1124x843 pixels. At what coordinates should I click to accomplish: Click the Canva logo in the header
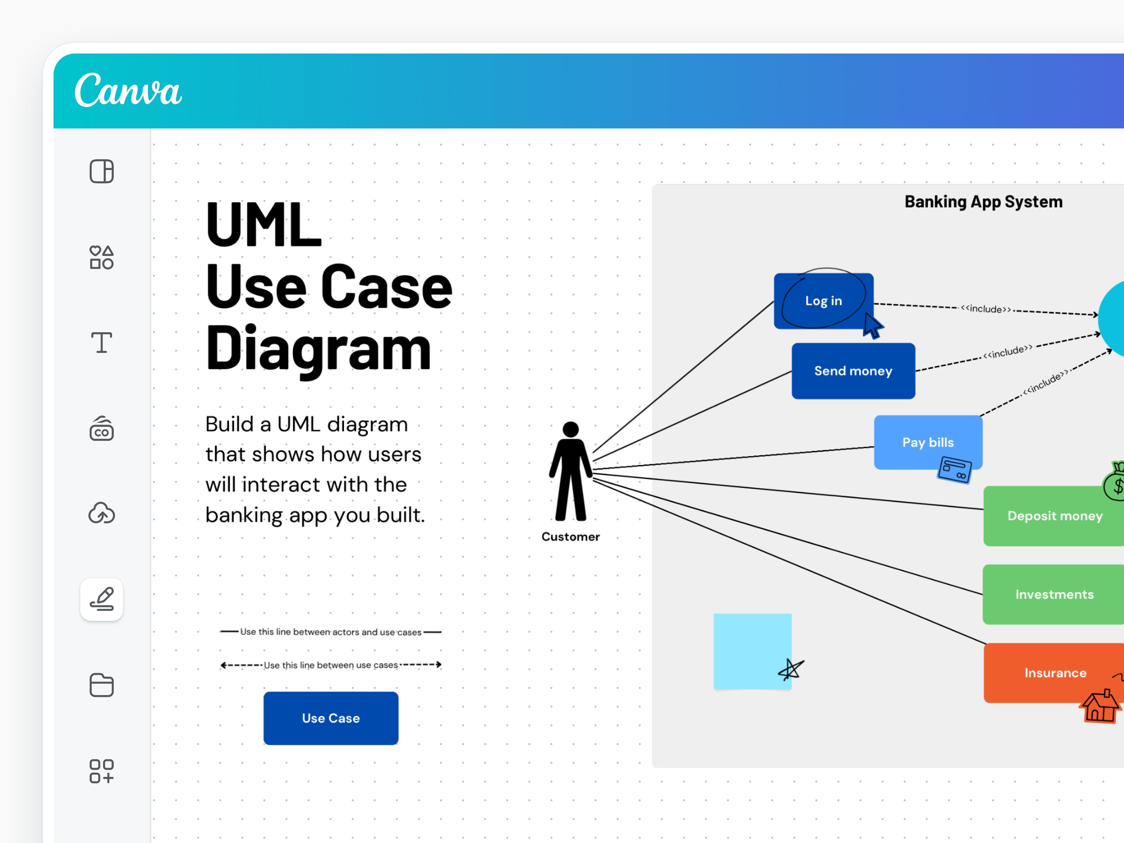pyautogui.click(x=128, y=90)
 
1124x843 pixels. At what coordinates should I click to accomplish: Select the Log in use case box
pyautogui.click(x=823, y=301)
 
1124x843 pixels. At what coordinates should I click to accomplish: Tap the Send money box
pyautogui.click(x=853, y=371)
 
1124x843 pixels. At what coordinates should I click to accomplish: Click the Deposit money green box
pyautogui.click(x=1054, y=516)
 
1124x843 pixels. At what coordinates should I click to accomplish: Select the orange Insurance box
pyautogui.click(x=1054, y=672)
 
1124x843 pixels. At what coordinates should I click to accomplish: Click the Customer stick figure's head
pyautogui.click(x=571, y=429)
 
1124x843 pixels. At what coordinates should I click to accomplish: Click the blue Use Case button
pyautogui.click(x=331, y=718)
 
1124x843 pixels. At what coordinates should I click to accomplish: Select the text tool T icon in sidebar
pyautogui.click(x=102, y=343)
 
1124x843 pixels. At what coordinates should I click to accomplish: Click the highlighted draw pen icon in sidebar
pyautogui.click(x=102, y=599)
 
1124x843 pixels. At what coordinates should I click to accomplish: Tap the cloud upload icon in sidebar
pyautogui.click(x=102, y=513)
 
